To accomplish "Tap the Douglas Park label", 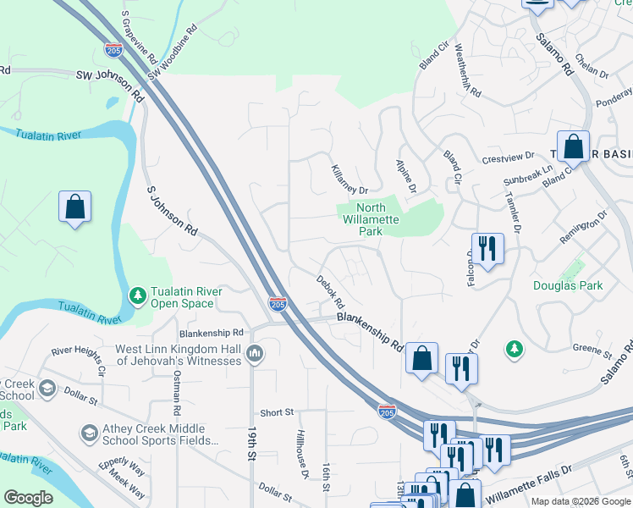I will (568, 285).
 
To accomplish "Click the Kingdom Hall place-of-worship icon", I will (256, 352).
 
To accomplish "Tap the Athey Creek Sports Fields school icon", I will (89, 434).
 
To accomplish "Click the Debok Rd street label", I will (331, 290).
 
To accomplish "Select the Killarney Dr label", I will (348, 179).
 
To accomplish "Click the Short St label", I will (277, 412).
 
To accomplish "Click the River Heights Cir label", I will (78, 360).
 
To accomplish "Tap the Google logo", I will (28, 498).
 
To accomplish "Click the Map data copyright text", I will (580, 501).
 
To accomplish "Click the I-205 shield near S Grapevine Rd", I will (114, 50).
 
